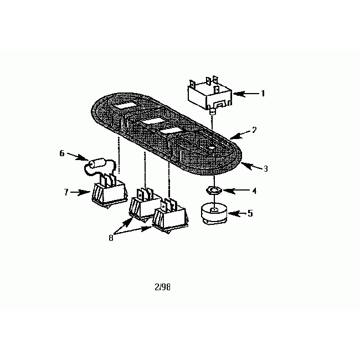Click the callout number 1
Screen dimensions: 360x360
tap(263, 94)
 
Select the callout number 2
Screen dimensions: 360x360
tap(254, 130)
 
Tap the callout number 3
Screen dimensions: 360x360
tap(265, 169)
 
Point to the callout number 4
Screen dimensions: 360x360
tap(254, 191)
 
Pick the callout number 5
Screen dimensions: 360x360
tap(250, 213)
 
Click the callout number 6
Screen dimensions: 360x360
tap(63, 153)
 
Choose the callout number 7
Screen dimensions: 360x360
tap(66, 192)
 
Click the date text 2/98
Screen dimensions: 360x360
tap(163, 287)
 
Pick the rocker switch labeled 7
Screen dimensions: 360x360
tap(109, 192)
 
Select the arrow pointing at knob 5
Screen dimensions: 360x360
tap(235, 213)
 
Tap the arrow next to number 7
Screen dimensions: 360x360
tap(81, 193)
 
